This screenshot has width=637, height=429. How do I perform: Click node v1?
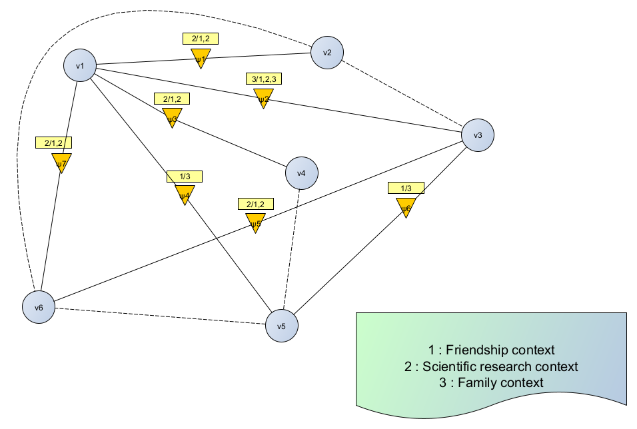80,65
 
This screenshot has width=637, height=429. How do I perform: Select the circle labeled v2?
327,52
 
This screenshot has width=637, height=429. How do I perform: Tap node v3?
478,135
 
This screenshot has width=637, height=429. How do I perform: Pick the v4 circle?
301,173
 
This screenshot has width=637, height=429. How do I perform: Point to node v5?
281,326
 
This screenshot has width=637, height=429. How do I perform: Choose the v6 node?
39,308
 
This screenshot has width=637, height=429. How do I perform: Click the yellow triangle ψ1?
201,59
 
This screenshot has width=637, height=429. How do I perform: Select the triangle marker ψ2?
263,99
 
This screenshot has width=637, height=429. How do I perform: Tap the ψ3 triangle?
172,118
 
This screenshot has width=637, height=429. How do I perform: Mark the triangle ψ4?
185,195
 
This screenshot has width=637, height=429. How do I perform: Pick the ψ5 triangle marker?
255,222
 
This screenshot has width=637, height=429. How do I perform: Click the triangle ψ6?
406,207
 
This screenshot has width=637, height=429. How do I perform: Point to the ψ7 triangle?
61,162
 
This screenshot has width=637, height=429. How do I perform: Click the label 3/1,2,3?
264,79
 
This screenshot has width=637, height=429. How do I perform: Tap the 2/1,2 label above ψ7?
54,143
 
